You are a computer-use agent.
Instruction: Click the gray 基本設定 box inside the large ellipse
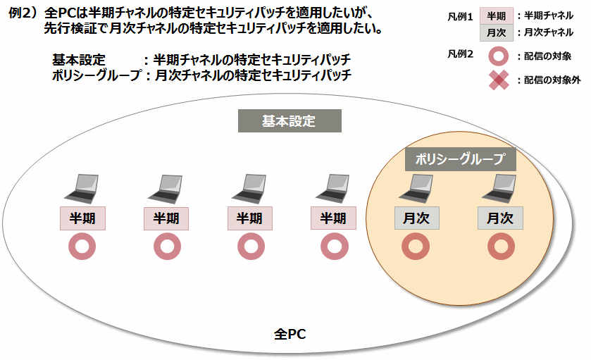click(x=289, y=121)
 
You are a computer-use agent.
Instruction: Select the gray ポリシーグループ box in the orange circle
click(x=461, y=159)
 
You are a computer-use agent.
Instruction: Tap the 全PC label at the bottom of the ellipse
click(x=290, y=333)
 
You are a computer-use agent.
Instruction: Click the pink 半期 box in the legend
click(x=497, y=15)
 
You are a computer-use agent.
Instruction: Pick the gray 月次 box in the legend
click(x=497, y=32)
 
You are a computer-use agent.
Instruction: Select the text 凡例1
click(x=460, y=15)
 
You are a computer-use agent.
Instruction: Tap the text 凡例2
click(x=460, y=54)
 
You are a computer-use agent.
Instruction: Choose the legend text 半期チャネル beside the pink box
click(x=548, y=15)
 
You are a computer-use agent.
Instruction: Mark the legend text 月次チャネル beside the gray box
click(x=548, y=32)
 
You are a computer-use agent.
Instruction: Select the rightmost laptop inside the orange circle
click(x=500, y=188)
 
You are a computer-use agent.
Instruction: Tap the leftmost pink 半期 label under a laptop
click(x=82, y=218)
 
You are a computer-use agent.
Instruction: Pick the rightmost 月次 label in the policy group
click(x=500, y=218)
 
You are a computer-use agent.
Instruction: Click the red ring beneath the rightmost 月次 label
click(x=500, y=247)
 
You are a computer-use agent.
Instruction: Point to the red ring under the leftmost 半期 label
click(x=82, y=247)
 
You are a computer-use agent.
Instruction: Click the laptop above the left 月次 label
click(x=416, y=188)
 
